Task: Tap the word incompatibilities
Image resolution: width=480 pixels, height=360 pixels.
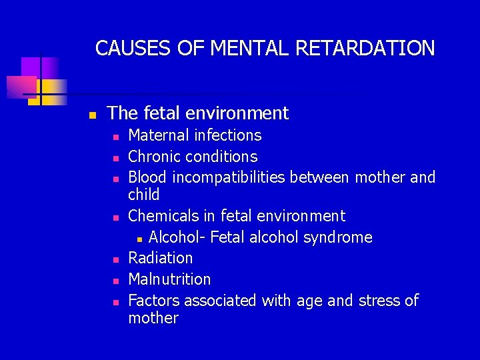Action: click(x=229, y=177)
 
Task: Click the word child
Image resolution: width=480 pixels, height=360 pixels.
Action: click(x=143, y=195)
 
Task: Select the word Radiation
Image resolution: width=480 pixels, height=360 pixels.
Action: click(x=160, y=258)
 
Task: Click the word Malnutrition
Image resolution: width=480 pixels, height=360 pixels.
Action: click(x=169, y=279)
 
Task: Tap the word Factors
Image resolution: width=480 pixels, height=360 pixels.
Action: click(x=154, y=301)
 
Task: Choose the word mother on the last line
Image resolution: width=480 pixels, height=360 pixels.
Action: click(x=153, y=318)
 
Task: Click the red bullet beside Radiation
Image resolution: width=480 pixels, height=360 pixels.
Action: click(x=115, y=259)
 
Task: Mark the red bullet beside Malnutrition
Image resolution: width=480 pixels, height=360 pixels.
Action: click(x=115, y=281)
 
